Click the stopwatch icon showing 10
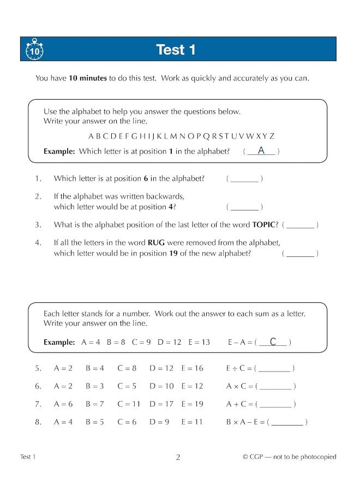click(x=34, y=50)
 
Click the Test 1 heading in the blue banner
click(x=176, y=50)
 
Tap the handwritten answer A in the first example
click(x=261, y=151)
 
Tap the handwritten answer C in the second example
click(x=273, y=342)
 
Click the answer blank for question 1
click(x=244, y=178)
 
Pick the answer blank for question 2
click(x=244, y=207)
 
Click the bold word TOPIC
click(x=266, y=225)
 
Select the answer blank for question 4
click(x=300, y=253)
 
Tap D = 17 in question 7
click(x=161, y=404)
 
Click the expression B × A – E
click(x=244, y=422)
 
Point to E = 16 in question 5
click(x=192, y=368)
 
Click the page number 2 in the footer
click(x=178, y=457)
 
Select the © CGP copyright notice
click(x=289, y=457)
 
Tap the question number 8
click(x=38, y=422)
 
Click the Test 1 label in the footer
click(x=28, y=457)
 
